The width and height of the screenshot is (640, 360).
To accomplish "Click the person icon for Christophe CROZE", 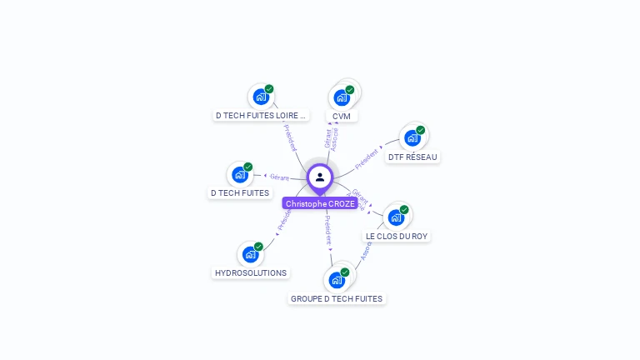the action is tap(320, 177).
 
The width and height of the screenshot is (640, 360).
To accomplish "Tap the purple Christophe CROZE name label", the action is tap(320, 203).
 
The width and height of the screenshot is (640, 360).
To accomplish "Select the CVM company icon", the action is tap(341, 97).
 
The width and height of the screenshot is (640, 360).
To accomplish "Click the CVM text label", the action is tap(342, 116).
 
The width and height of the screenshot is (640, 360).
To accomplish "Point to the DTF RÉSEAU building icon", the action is tap(412, 137).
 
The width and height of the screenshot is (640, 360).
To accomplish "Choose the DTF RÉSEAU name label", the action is tap(412, 157).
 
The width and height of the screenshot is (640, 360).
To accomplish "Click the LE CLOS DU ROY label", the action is tap(397, 236).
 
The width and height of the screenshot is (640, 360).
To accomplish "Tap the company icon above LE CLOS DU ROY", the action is tap(396, 217).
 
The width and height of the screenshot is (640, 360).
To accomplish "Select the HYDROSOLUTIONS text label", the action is tap(251, 272).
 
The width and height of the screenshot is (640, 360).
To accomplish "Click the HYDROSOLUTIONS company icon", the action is tap(249, 254).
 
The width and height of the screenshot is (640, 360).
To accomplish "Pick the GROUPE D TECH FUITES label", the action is tap(337, 298).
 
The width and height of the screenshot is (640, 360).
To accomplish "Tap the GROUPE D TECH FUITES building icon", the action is tap(337, 279).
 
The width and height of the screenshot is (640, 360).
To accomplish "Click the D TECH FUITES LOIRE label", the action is tap(262, 116).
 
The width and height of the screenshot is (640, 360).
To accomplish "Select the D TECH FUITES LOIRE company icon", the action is tap(261, 97).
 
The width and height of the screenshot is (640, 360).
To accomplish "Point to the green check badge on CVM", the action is tap(350, 89).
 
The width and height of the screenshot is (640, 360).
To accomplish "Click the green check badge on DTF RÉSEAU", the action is tap(421, 130).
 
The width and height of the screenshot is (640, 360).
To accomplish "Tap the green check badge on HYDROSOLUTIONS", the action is tap(258, 247).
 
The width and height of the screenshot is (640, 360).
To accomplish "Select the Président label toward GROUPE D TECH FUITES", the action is tap(328, 230).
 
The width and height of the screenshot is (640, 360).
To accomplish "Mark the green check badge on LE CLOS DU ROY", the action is tap(404, 209).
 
